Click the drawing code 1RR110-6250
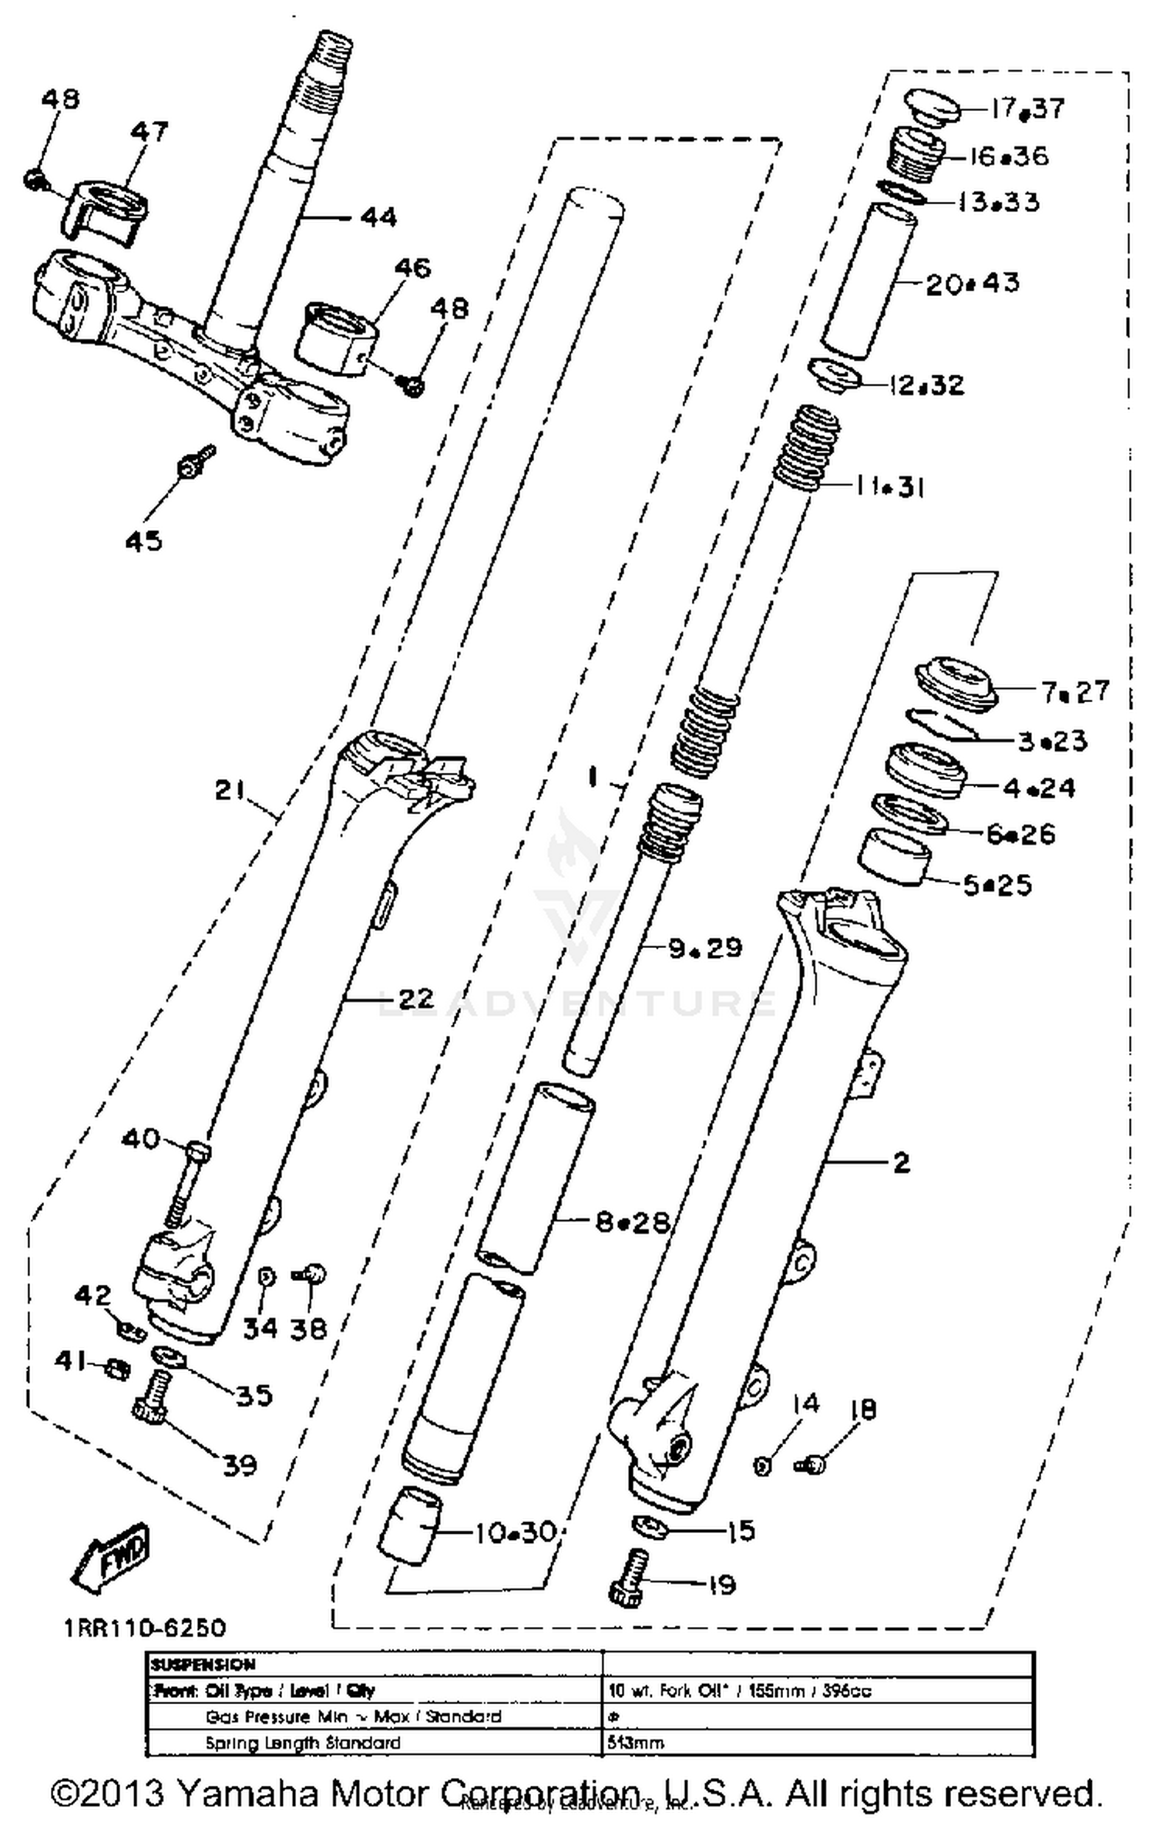145,1628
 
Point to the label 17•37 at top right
1027,109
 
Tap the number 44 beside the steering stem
378,217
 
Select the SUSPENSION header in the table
203,1665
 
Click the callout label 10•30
515,1532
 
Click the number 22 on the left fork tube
417,999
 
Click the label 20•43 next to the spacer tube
972,284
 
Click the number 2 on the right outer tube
902,1162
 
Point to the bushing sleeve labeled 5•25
895,856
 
